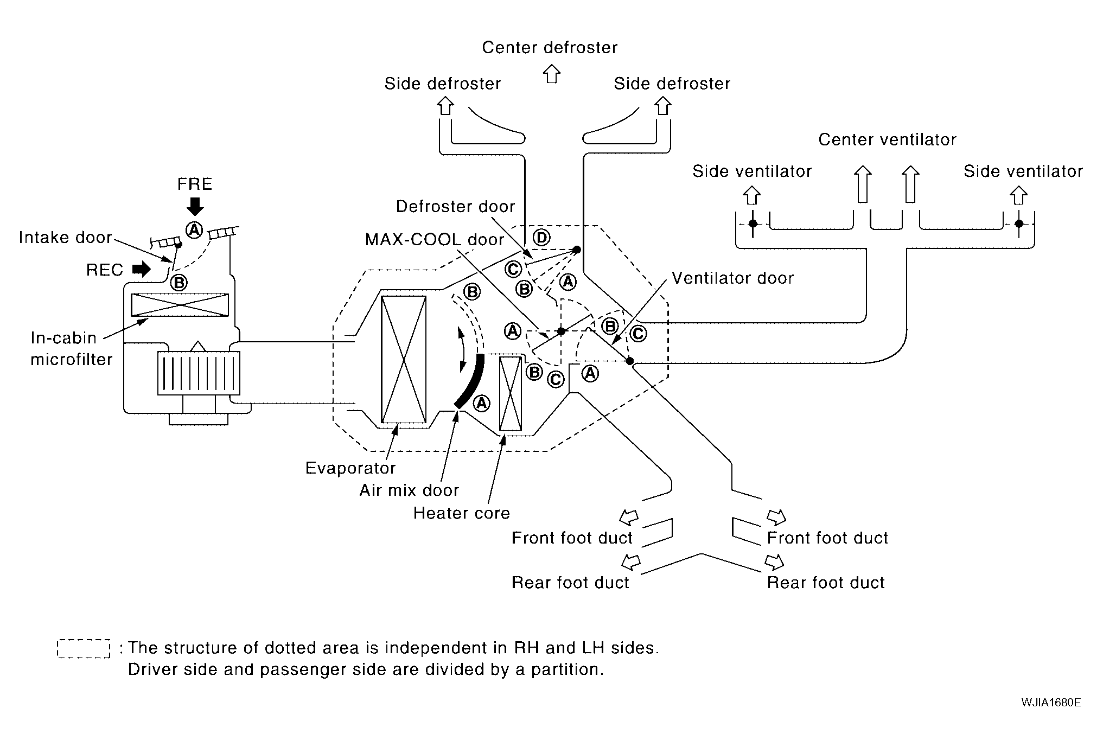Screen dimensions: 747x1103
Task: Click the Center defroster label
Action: point(550,48)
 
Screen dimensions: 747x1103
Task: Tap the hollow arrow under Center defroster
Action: point(551,74)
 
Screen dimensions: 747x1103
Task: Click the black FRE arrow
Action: point(195,206)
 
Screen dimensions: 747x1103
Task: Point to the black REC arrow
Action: point(142,269)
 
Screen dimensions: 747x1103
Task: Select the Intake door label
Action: point(65,238)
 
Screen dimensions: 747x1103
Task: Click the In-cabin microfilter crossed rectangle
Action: point(180,305)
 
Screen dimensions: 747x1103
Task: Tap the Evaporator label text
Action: point(350,468)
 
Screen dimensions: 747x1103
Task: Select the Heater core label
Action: point(462,513)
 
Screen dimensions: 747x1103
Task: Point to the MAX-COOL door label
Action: point(435,239)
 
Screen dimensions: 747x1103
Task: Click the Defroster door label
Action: point(455,207)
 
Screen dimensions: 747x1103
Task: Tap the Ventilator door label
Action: point(732,278)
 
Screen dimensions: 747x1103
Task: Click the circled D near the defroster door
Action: point(541,237)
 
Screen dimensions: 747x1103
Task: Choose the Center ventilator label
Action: point(887,140)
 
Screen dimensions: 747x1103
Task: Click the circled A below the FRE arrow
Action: point(194,230)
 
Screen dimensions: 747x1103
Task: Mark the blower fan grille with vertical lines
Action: point(199,373)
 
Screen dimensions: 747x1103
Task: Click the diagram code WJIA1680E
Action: point(1050,703)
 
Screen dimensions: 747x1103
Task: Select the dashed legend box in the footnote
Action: point(84,649)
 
